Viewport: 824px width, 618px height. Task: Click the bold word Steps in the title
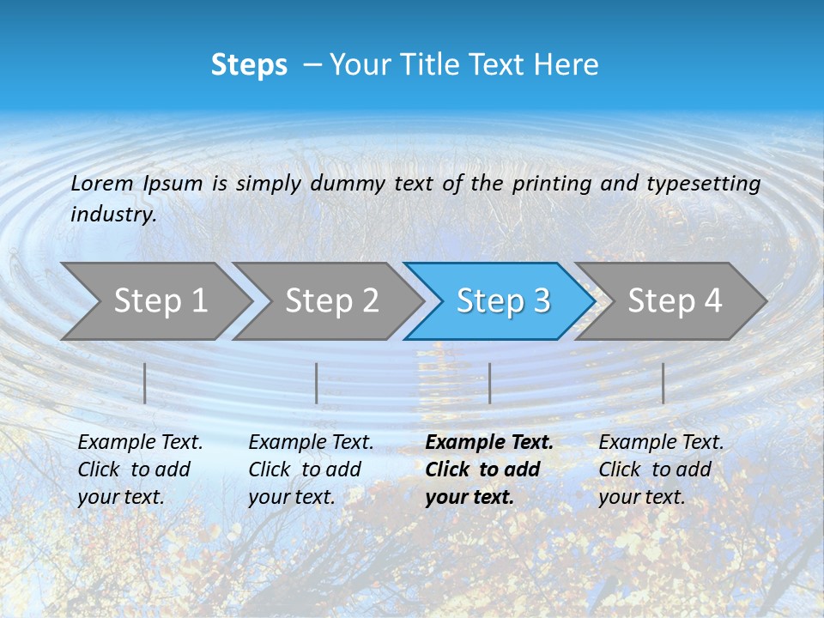click(249, 65)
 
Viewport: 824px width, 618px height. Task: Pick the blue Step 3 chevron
click(502, 300)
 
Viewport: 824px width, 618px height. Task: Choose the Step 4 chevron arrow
click(675, 300)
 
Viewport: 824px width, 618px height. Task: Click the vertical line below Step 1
click(145, 383)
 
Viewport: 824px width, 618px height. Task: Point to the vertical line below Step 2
click(317, 383)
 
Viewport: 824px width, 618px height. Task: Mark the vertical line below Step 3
click(489, 383)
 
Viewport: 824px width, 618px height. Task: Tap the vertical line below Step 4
click(663, 383)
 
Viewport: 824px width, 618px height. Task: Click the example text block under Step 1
click(140, 470)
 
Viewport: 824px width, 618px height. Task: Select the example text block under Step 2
click(311, 470)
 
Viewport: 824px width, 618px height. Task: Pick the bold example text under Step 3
click(489, 470)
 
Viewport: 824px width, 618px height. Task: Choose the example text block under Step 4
click(661, 470)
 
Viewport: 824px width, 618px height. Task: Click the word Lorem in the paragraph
click(101, 183)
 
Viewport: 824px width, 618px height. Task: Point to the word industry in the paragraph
click(113, 214)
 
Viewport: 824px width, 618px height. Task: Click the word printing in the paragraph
click(550, 183)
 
